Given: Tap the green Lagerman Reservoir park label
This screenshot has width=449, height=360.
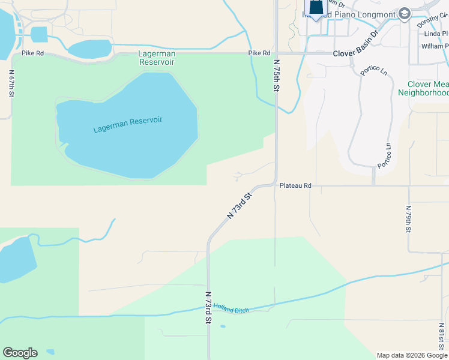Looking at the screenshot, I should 157,58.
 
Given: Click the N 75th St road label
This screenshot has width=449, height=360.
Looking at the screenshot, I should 277,75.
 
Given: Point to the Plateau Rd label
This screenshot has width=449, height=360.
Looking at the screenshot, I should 295,186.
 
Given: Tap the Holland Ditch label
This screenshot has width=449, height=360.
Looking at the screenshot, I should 231,307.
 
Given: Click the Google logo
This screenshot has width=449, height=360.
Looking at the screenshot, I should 20,353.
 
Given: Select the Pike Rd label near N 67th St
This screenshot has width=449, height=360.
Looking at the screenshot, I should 32,53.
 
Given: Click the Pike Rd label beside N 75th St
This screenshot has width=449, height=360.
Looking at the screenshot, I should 259,53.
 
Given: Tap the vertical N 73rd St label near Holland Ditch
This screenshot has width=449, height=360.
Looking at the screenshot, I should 208,307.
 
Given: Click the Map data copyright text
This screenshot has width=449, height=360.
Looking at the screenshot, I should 411,355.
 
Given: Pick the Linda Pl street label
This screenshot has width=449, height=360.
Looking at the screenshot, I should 435,34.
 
